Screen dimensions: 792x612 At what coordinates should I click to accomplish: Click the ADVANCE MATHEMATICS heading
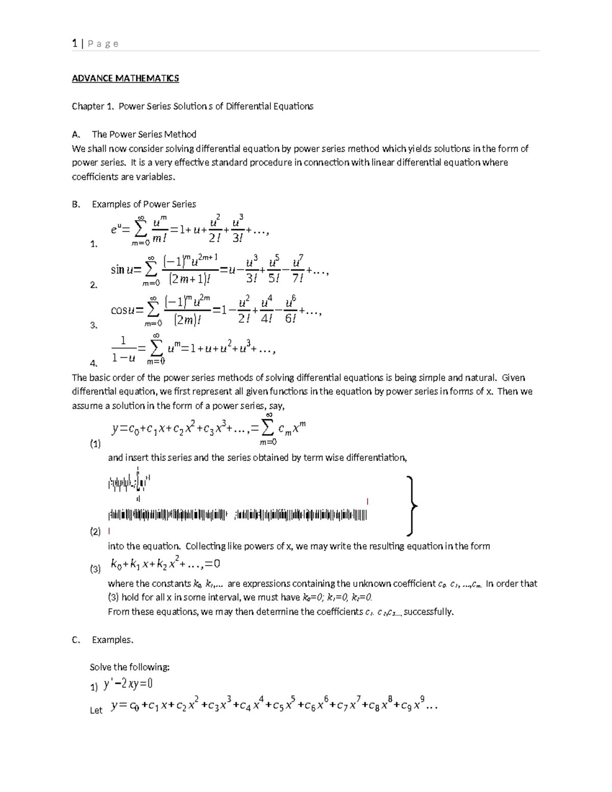125,79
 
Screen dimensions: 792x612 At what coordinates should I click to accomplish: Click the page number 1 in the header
74,44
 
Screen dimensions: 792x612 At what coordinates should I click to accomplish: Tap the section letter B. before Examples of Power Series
76,205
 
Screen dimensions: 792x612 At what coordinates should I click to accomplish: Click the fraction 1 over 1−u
123,349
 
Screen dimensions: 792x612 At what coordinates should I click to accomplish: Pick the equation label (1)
95,444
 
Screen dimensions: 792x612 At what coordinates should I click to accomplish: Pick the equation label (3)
95,570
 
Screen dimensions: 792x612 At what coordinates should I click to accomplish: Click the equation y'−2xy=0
129,684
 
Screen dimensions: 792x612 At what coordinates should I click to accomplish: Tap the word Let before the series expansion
96,710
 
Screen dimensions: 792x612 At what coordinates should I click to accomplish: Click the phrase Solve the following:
130,667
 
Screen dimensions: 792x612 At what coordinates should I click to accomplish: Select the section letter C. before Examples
76,640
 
